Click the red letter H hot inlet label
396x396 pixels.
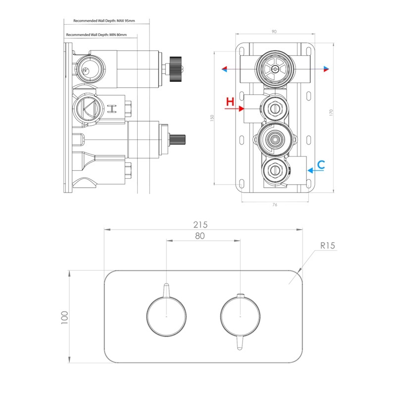click(x=230, y=102)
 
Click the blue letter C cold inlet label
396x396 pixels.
click(x=321, y=165)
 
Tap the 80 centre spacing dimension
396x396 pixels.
click(x=200, y=236)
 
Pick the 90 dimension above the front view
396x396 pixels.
click(x=274, y=32)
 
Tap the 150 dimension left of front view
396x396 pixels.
click(x=212, y=119)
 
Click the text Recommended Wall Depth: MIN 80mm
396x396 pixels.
click(x=97, y=35)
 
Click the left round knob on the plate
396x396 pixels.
click(x=166, y=315)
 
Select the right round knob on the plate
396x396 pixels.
click(x=240, y=315)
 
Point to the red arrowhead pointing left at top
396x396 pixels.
click(x=225, y=69)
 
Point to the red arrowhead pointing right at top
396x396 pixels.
click(x=326, y=69)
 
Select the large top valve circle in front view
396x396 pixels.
click(x=274, y=69)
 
